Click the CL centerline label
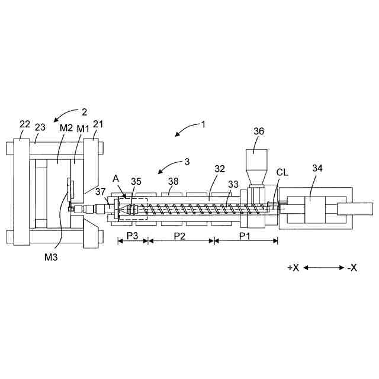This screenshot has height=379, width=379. pos(284,172)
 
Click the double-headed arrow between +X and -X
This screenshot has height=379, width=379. pos(323,268)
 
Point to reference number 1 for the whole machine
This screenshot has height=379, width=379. pos(203,125)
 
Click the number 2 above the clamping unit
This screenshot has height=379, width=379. pos(84,111)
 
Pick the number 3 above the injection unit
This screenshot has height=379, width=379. pos(187,161)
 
